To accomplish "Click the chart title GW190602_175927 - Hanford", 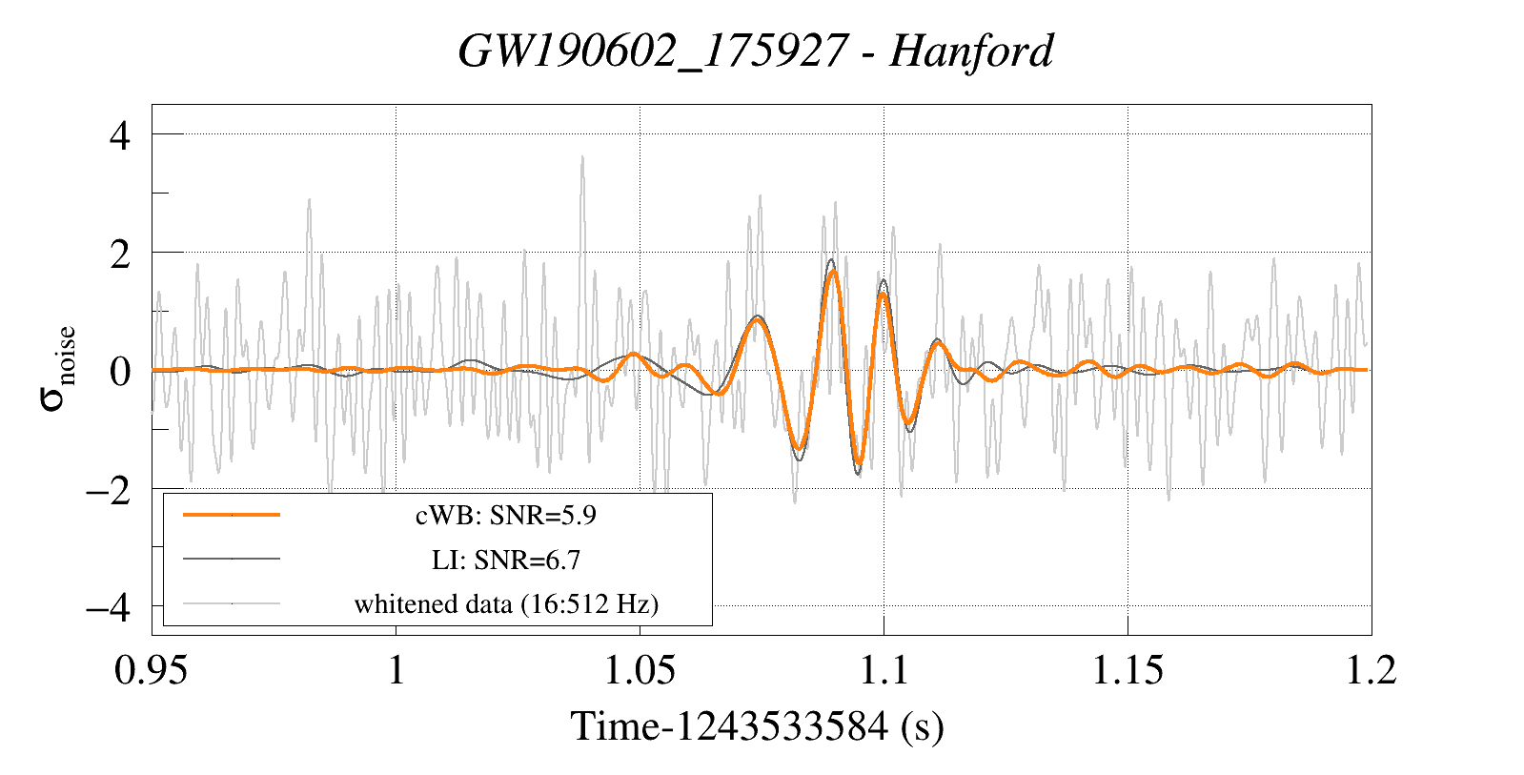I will coord(755,51).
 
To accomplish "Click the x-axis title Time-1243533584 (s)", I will coord(757,726).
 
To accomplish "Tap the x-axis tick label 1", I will coord(396,670).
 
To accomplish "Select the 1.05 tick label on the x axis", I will coord(640,670).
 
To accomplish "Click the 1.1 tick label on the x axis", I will coord(884,670).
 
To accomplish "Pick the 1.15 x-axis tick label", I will coord(1128,670).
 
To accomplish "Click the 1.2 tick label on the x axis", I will coord(1371,670).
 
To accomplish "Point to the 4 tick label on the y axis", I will coord(119,135).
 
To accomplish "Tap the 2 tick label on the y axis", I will coord(119,254).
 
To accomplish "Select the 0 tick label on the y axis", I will coord(119,371).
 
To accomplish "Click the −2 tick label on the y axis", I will coord(108,490).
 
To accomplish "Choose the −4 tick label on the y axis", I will coord(108,607).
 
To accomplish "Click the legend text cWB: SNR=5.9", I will coord(505,516).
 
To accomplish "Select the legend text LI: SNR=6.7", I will coord(505,560).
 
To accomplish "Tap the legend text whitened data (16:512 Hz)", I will coord(505,604).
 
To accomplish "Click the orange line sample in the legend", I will coord(232,515).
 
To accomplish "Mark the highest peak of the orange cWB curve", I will coord(833,272).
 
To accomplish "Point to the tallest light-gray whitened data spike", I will coord(581,158).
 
